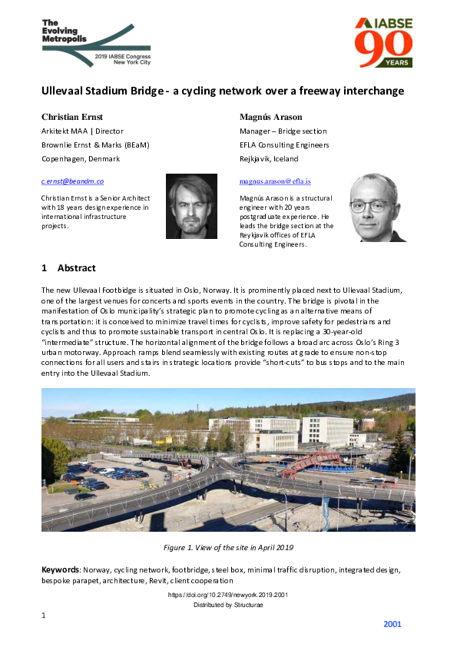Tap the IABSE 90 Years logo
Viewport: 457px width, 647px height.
pyautogui.click(x=383, y=42)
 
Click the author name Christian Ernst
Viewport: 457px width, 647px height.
pyautogui.click(x=74, y=117)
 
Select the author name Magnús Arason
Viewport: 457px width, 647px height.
pyautogui.click(x=270, y=117)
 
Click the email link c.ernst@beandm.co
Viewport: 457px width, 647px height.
pyautogui.click(x=72, y=181)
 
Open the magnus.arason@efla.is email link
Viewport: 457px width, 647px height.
pyautogui.click(x=275, y=181)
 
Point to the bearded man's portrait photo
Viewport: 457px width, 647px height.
pyautogui.click(x=191, y=207)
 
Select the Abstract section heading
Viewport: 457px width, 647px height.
pyautogui.click(x=68, y=268)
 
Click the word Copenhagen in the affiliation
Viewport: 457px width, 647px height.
pyautogui.click(x=65, y=158)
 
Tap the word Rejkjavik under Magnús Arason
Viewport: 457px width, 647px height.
pyautogui.click(x=260, y=158)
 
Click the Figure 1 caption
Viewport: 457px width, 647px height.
pyautogui.click(x=228, y=547)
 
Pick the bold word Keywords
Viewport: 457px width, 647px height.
pyautogui.click(x=61, y=570)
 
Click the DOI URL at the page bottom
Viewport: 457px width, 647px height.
pyautogui.click(x=228, y=596)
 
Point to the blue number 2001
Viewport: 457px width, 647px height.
pyautogui.click(x=392, y=624)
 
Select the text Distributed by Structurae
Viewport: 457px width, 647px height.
pyautogui.click(x=228, y=606)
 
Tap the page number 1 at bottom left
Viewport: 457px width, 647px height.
pyautogui.click(x=44, y=615)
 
